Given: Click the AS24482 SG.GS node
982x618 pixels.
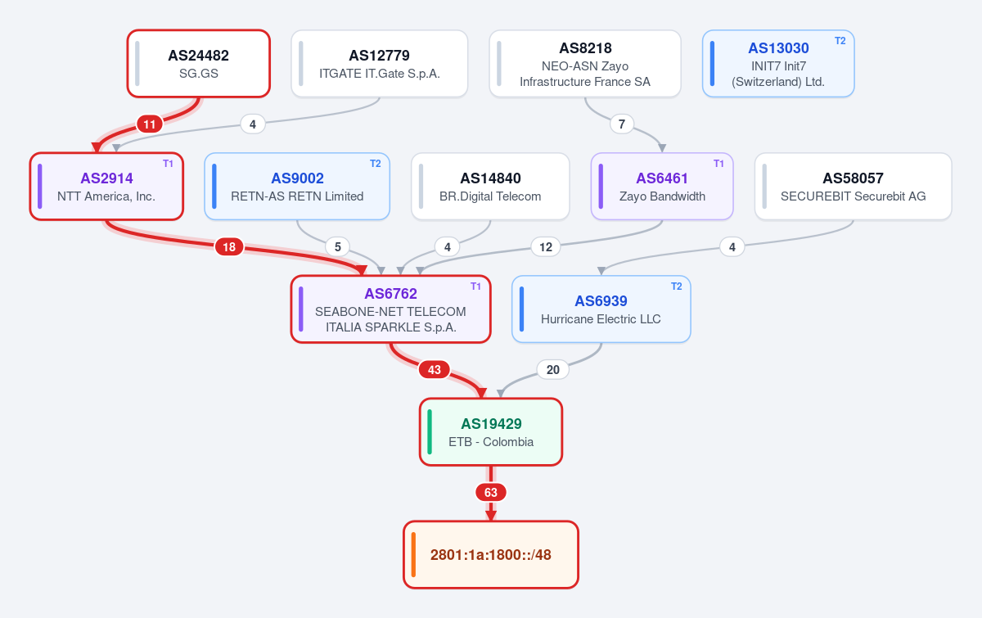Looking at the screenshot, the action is tap(199, 64).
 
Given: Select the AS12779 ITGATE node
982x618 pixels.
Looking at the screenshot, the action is tap(379, 64).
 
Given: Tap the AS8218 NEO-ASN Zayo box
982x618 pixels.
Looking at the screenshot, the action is tap(585, 64).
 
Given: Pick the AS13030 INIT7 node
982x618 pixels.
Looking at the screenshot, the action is tap(778, 64).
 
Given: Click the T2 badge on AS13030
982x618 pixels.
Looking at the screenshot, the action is tap(840, 41).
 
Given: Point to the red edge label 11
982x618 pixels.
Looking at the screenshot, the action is tap(150, 124).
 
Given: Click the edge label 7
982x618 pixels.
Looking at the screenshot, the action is tap(622, 124).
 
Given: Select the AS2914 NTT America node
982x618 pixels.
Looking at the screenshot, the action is tap(106, 187).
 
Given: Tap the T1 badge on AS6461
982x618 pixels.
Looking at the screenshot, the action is tap(718, 164).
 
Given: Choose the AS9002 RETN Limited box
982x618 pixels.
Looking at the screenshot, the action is tap(297, 187).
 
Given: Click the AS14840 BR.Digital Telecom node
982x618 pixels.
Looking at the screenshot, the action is tap(490, 187).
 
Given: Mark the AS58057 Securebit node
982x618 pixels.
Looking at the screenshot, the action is tap(853, 187).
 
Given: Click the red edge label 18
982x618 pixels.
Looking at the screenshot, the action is tap(229, 247).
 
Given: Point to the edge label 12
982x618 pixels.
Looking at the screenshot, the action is tap(546, 247).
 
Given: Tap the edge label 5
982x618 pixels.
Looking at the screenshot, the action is tap(337, 247).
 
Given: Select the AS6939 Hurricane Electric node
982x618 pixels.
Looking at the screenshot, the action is tap(601, 309).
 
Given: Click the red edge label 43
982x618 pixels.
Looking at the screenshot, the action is tap(435, 370).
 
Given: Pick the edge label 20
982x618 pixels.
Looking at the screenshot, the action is tap(553, 370).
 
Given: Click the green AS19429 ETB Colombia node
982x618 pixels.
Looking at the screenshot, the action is tap(491, 432).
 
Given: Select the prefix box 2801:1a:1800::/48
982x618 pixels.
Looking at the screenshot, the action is tap(491, 555).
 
